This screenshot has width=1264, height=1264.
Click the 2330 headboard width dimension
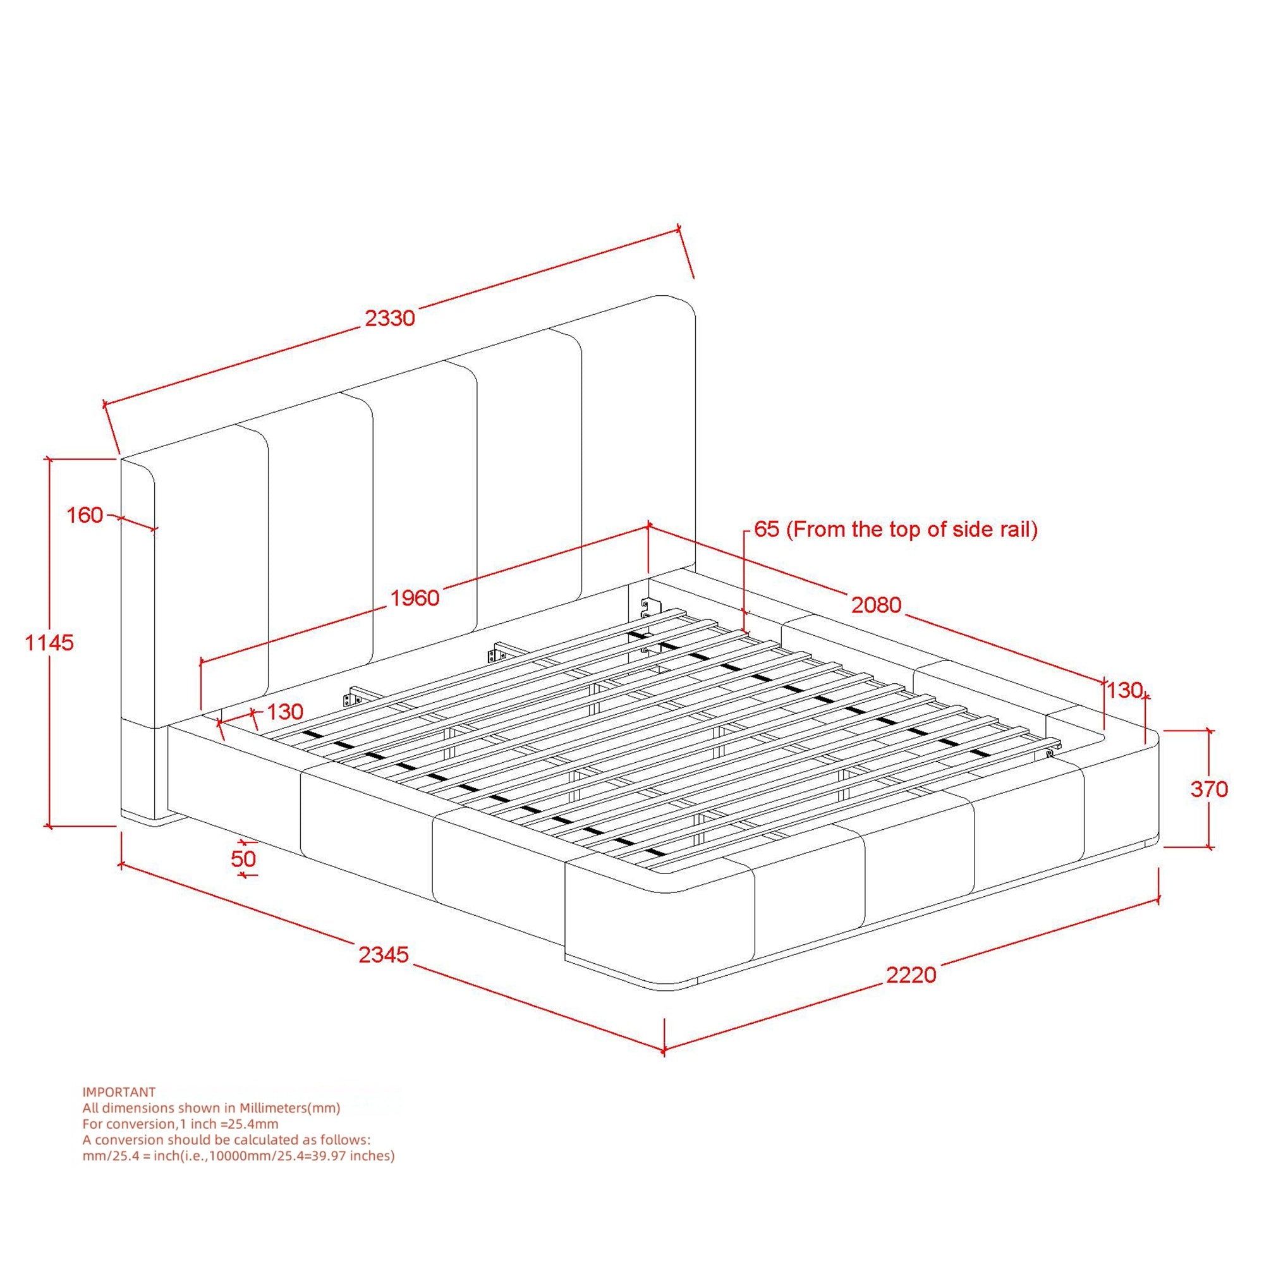(390, 318)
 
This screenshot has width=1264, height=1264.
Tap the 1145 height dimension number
(50, 643)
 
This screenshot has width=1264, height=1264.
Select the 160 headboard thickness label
(85, 515)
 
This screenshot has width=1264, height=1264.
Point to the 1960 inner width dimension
(415, 597)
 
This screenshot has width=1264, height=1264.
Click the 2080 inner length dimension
(876, 605)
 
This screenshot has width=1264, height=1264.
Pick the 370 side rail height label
(1209, 789)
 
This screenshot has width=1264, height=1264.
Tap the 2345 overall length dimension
(384, 954)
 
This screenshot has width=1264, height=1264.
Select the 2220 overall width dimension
(911, 975)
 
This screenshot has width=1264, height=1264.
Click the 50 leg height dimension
(243, 858)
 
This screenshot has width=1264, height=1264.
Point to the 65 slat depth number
(767, 528)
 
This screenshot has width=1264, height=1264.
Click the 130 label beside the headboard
(284, 711)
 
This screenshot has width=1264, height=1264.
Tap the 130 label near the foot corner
(1124, 690)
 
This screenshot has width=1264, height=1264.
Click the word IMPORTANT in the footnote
(119, 1092)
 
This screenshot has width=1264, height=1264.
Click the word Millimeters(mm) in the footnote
(290, 1108)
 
